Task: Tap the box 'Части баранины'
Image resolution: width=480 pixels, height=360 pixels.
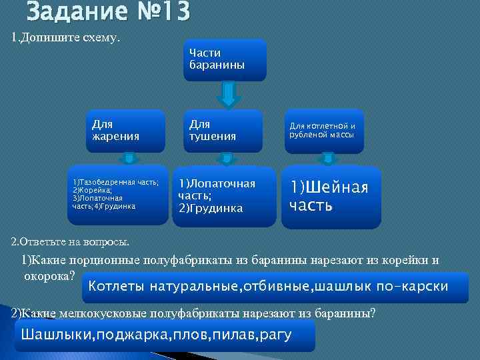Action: pyautogui.click(x=225, y=59)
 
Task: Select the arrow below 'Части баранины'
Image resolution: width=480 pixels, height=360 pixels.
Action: pyautogui.click(x=228, y=95)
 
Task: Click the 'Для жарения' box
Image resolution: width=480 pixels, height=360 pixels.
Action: pyautogui.click(x=128, y=130)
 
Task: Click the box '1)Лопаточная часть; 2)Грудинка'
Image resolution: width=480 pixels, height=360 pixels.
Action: pyautogui.click(x=223, y=195)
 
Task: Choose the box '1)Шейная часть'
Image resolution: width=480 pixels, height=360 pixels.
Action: pyautogui.click(x=331, y=196)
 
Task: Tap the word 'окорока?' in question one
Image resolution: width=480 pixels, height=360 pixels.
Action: pyautogui.click(x=49, y=274)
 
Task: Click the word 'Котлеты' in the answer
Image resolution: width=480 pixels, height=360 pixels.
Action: pyautogui.click(x=115, y=287)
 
